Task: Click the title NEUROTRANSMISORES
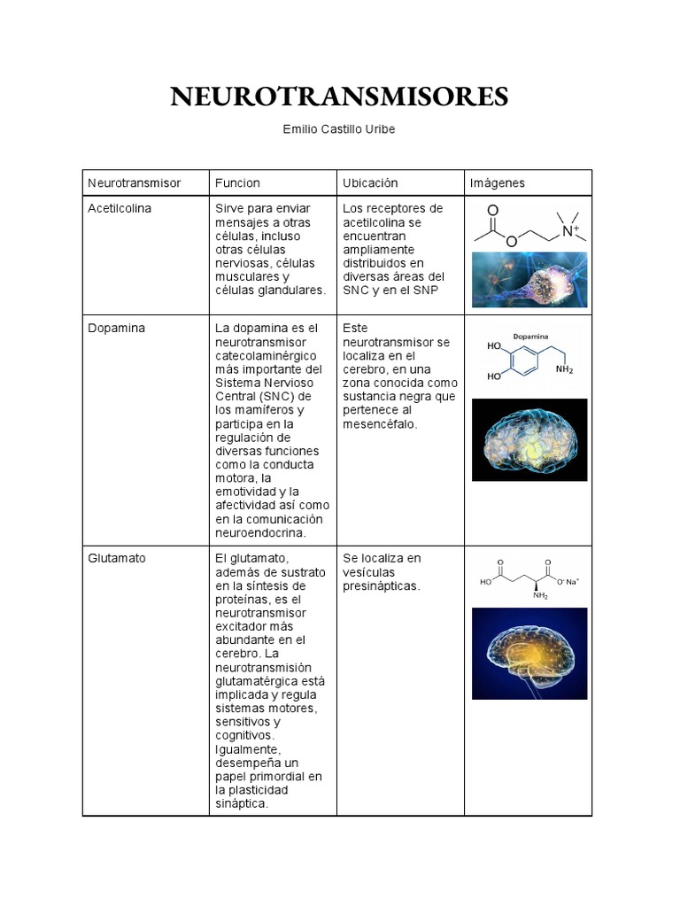[x=339, y=97]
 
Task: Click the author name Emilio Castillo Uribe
[x=339, y=129]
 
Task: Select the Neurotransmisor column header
[x=134, y=182]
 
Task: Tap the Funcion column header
[x=237, y=182]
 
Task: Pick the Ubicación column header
[x=370, y=182]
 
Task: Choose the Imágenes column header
[x=498, y=182]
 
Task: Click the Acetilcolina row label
[x=120, y=208]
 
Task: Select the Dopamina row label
[x=116, y=328]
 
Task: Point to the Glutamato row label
[x=117, y=558]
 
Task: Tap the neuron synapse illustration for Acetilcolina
[x=529, y=279]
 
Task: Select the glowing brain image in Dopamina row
[x=529, y=439]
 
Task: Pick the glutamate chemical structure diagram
[x=529, y=578]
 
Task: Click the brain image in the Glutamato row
[x=529, y=653]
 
